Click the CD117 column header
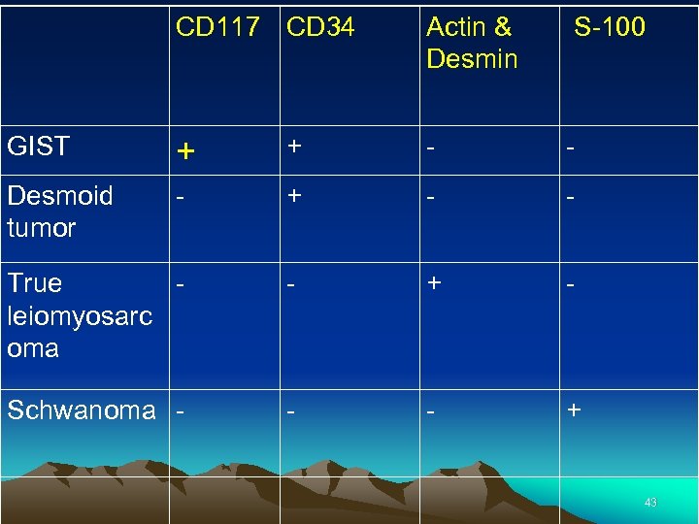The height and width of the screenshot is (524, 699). (x=217, y=27)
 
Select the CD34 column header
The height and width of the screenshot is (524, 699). (x=320, y=27)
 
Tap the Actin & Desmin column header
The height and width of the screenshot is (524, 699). (x=472, y=43)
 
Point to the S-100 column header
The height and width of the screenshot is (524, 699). (x=609, y=27)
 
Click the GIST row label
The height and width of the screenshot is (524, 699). (x=38, y=147)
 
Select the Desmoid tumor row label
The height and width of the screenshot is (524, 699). (x=59, y=212)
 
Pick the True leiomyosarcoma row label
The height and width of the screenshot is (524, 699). (x=79, y=315)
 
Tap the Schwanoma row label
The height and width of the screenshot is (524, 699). (x=81, y=409)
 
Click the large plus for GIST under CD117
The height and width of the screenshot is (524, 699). (x=185, y=151)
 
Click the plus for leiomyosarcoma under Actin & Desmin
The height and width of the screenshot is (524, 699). (x=434, y=282)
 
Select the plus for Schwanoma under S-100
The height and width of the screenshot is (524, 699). (x=575, y=409)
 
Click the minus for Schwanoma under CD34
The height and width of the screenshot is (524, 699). (x=291, y=410)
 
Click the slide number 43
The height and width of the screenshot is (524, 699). (x=650, y=503)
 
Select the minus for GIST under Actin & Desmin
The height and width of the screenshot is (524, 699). (x=431, y=147)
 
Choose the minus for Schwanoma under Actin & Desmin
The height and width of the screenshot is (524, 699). (x=431, y=410)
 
